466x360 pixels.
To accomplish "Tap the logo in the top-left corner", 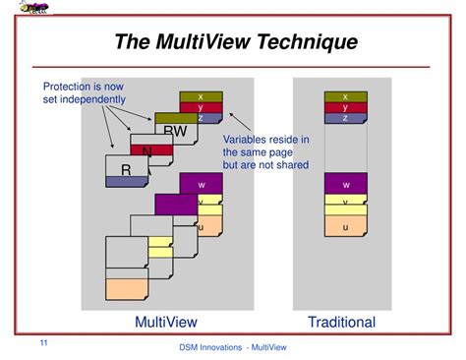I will coord(35,12).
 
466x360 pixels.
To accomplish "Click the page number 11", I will coord(43,341).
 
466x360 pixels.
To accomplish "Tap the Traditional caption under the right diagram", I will coord(341,322).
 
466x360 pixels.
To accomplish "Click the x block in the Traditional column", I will coord(345,96).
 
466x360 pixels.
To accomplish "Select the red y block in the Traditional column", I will coord(345,107).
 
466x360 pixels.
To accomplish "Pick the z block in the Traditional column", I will coord(345,118).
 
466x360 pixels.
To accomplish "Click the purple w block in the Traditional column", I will coord(345,184).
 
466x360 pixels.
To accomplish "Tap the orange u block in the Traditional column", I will coord(345,227).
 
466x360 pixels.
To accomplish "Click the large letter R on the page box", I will coord(126,170).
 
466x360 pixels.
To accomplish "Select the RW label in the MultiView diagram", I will coord(175,132).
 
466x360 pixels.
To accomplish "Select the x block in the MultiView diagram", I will coord(201,96).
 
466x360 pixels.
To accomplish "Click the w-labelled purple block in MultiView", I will coord(201,183).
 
